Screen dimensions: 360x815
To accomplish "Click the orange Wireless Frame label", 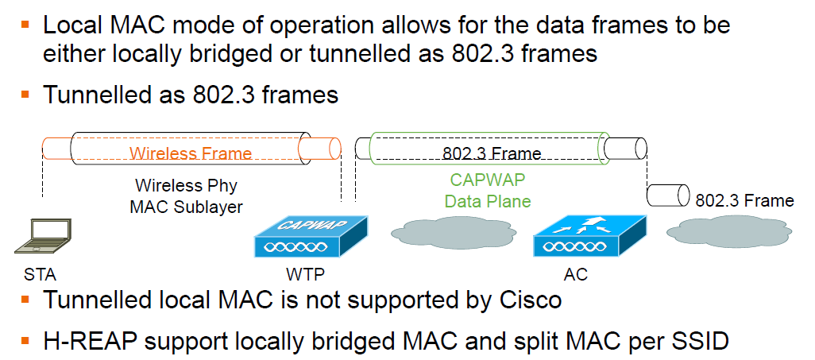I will point(191,153).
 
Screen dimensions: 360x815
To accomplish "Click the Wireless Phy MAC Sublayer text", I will point(186,196).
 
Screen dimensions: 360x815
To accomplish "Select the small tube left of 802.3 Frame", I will point(667,195).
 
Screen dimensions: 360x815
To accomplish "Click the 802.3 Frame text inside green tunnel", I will point(492,153).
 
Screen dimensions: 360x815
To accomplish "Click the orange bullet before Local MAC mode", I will point(25,24).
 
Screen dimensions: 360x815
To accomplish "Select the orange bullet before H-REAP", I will point(25,341).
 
